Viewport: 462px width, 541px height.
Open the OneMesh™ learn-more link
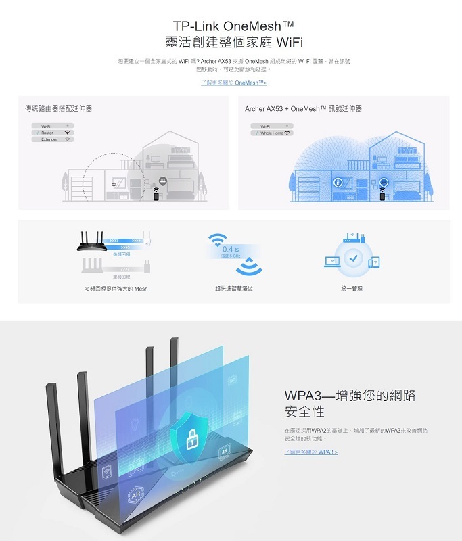point(233,83)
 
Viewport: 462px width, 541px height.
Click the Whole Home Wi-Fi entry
point(272,133)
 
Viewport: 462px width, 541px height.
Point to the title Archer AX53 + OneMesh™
point(303,108)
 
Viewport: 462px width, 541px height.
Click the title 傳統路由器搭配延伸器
point(58,108)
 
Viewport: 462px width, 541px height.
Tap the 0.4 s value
point(231,250)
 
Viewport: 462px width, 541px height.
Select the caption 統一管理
point(352,289)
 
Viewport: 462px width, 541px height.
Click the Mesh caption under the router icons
point(116,289)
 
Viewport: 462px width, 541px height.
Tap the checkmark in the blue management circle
point(352,259)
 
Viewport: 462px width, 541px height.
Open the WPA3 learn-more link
point(310,452)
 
